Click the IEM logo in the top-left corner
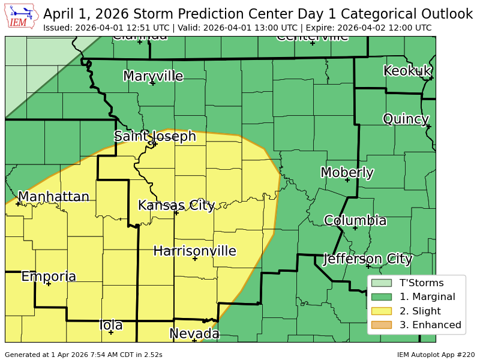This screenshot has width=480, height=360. (22, 16)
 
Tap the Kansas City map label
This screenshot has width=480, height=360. (176, 205)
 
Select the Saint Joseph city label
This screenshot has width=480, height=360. (155, 136)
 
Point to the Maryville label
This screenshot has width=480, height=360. (153, 76)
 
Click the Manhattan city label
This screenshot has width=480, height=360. (53, 197)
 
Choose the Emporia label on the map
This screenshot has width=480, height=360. (49, 277)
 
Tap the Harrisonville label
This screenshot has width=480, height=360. (194, 251)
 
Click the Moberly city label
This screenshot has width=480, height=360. (347, 173)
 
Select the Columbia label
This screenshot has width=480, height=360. (355, 220)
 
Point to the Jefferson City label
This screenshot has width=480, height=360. (367, 259)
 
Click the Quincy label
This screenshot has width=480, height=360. (406, 119)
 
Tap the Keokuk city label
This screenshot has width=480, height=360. (407, 71)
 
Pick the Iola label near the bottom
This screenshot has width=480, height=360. (111, 325)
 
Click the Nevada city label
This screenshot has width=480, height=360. (194, 334)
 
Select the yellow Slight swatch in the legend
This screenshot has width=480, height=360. (381, 311)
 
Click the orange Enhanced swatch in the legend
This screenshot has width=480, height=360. (381, 325)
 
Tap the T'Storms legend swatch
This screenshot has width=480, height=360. (381, 283)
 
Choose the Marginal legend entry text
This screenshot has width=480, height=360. (427, 296)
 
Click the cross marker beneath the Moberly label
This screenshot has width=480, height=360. (347, 180)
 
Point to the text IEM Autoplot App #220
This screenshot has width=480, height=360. (436, 355)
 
